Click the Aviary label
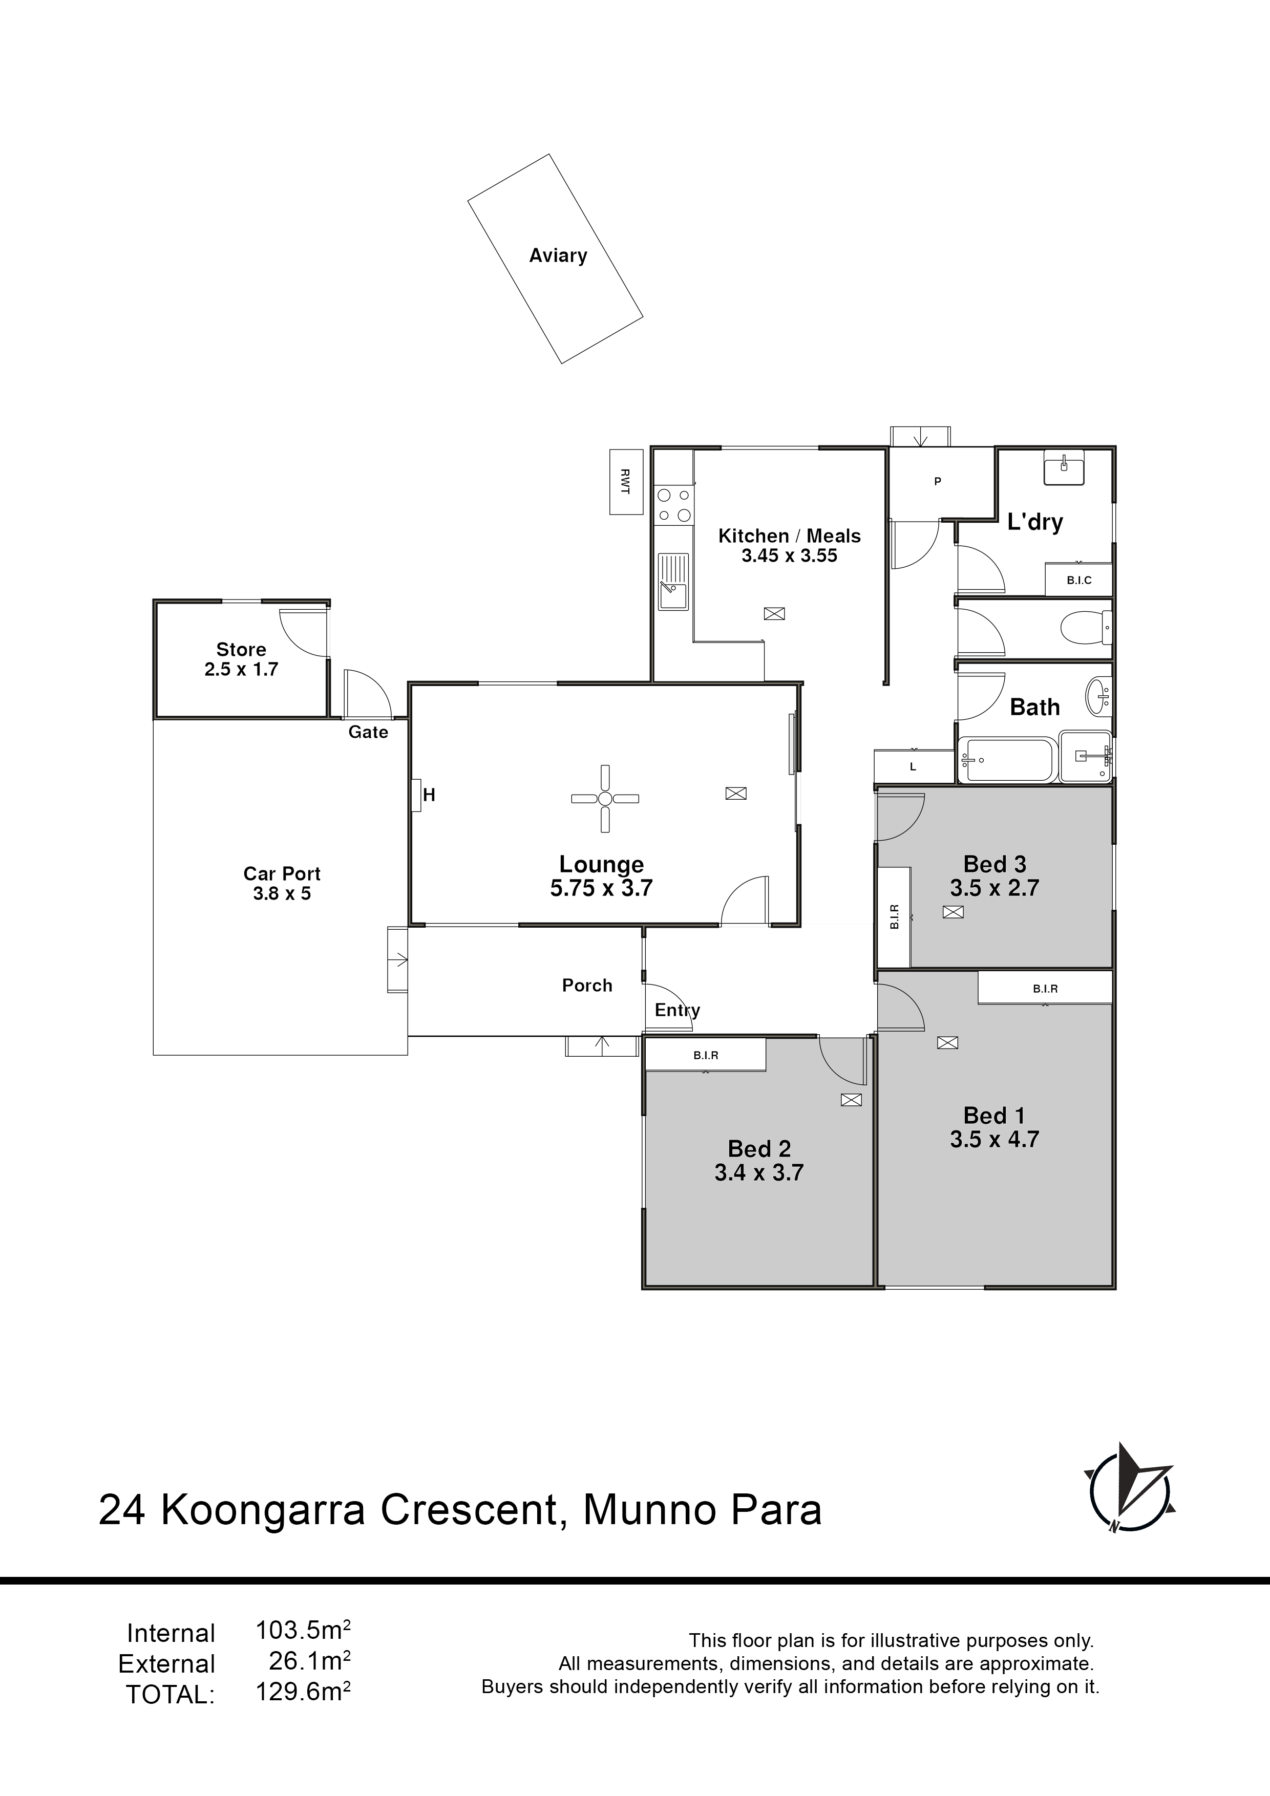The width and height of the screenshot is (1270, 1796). [558, 256]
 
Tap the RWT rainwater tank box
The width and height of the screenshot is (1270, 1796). [626, 482]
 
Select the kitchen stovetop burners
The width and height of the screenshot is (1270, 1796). [674, 504]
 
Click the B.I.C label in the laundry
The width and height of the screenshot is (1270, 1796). [1079, 581]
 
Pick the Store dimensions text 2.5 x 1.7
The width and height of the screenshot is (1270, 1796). [241, 670]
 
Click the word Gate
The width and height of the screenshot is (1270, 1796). [369, 732]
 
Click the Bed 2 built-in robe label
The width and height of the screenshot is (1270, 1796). [706, 1055]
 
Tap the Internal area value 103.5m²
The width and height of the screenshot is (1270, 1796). [303, 1631]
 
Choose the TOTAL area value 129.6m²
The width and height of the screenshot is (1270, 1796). [303, 1692]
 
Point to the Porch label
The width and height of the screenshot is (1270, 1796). [587, 986]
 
